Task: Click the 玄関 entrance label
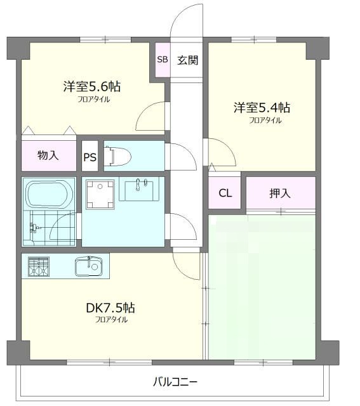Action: pos(187,61)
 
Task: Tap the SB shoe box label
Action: pos(162,60)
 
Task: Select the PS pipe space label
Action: pos(90,158)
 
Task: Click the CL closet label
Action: pos(225,193)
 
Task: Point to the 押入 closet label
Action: pos(280,193)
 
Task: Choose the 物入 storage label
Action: pos(48,155)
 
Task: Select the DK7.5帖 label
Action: pos(110,308)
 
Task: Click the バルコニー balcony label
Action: pos(175,383)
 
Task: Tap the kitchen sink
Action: pos(88,266)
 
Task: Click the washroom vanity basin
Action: pos(141,189)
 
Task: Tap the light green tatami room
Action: pos(262,288)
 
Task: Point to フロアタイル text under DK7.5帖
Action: pos(110,320)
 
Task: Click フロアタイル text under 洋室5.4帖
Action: pos(265,120)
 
